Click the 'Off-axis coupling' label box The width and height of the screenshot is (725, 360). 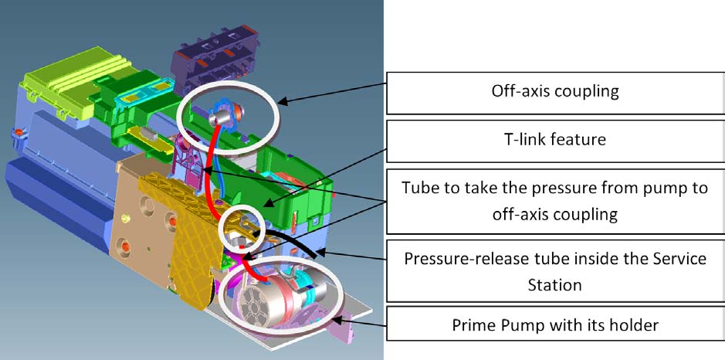pyautogui.click(x=555, y=93)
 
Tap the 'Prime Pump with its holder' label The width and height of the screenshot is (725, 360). pyautogui.click(x=555, y=324)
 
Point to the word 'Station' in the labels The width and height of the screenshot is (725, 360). pyautogui.click(x=555, y=284)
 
